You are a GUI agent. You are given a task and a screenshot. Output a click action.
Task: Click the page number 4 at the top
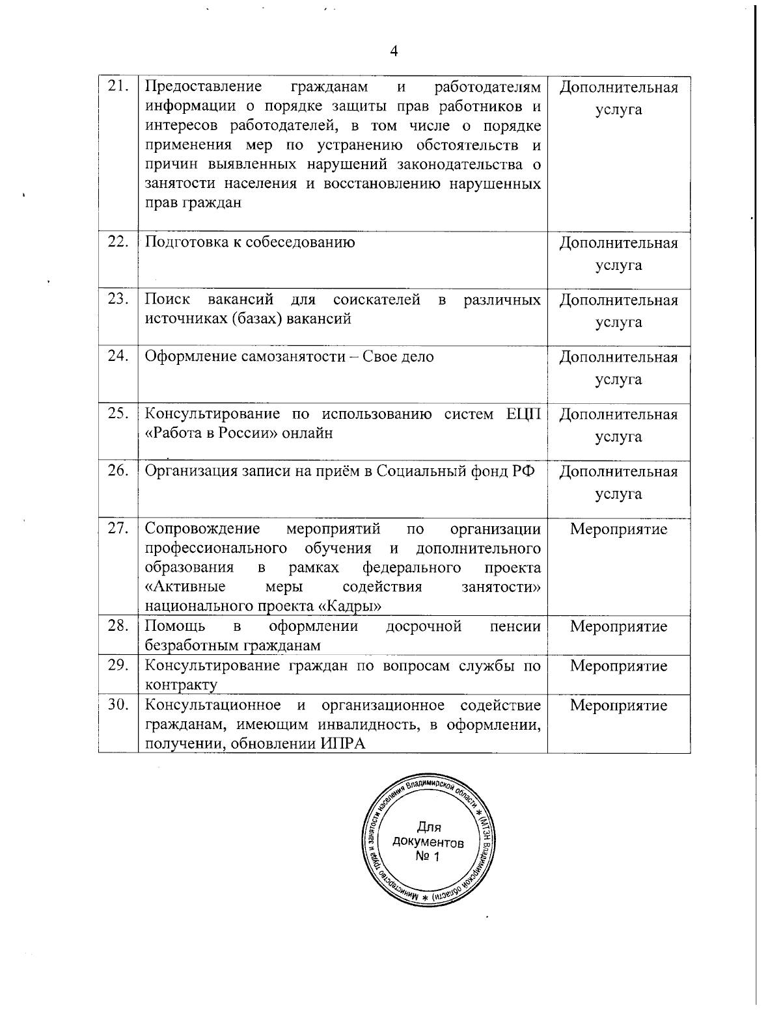tap(392, 52)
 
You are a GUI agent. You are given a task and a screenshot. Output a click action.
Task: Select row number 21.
tap(118, 86)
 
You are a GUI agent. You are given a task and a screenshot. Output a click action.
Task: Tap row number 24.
tap(118, 357)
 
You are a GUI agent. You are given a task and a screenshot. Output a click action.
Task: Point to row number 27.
tap(118, 529)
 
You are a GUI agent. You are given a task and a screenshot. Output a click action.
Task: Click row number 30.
tap(118, 706)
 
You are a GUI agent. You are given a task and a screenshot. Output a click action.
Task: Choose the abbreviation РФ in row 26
tap(522, 472)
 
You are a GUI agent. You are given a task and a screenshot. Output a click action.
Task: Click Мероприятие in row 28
tap(618, 626)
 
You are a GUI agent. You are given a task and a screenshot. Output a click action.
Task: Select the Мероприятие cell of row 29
tap(618, 666)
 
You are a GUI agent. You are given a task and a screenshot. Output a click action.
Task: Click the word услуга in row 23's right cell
tap(618, 323)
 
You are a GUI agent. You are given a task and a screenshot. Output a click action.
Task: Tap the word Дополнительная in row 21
tap(618, 87)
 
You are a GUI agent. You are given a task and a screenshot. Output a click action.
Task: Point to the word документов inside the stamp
tap(428, 843)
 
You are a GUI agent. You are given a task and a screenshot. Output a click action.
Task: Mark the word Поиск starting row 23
tap(167, 300)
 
